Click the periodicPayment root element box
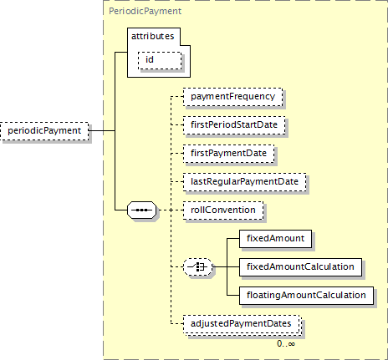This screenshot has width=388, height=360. pyautogui.click(x=44, y=131)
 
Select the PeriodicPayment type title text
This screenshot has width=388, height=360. pyautogui.click(x=145, y=11)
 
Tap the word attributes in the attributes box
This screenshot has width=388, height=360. pyautogui.click(x=153, y=36)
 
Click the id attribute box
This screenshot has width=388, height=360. pyautogui.click(x=160, y=60)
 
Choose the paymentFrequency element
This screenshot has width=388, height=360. pyautogui.click(x=233, y=97)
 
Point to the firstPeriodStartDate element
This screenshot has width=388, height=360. pyautogui.click(x=234, y=125)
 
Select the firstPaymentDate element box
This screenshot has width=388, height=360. pyautogui.click(x=229, y=154)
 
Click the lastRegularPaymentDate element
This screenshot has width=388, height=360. pyautogui.click(x=244, y=182)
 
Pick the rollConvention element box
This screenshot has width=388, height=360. pyautogui.click(x=223, y=210)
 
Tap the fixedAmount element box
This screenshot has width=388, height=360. pyautogui.click(x=275, y=239)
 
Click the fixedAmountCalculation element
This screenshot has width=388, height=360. pyautogui.click(x=300, y=267)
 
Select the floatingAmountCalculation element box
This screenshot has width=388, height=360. pyautogui.click(x=306, y=296)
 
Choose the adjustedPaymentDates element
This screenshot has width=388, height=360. pyautogui.click(x=241, y=324)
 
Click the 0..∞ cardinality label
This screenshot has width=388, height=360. pyautogui.click(x=286, y=344)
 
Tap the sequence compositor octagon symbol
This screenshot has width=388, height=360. pyautogui.click(x=142, y=210)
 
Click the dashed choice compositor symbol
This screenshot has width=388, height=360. pyautogui.click(x=197, y=267)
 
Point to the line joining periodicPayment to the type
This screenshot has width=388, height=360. pyautogui.click(x=102, y=130)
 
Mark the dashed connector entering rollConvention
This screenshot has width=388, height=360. pyautogui.click(x=170, y=210)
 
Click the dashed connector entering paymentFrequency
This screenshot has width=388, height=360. pyautogui.click(x=177, y=96)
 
